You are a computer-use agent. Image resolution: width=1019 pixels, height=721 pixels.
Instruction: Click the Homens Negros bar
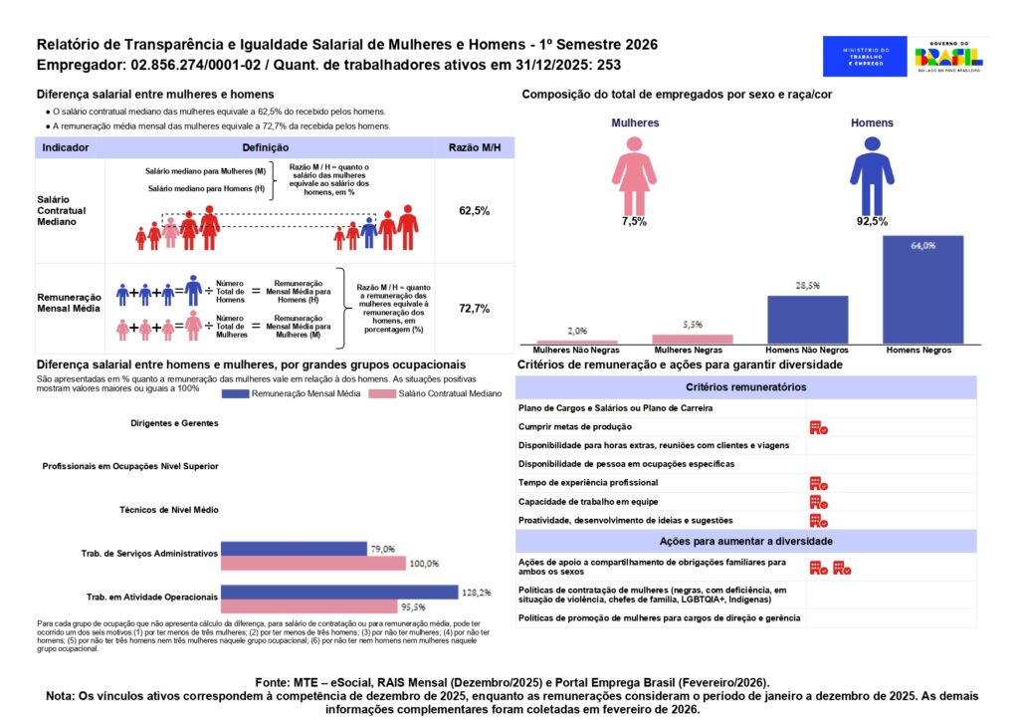pyautogui.click(x=922, y=290)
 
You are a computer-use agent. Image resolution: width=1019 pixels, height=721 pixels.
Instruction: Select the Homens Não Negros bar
pyautogui.click(x=807, y=320)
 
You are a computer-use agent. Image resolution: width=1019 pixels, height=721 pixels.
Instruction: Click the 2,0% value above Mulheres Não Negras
pyautogui.click(x=577, y=331)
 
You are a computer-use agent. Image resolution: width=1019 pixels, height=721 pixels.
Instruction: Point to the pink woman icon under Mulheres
pyautogui.click(x=634, y=175)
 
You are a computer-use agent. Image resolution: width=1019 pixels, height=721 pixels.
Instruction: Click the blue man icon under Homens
pyautogui.click(x=872, y=175)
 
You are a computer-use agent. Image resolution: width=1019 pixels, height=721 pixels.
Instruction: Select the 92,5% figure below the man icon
pyautogui.click(x=872, y=222)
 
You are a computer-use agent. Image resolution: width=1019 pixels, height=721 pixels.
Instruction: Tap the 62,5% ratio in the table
pyautogui.click(x=474, y=211)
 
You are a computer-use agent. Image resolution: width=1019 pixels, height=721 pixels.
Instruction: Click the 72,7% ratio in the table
pyautogui.click(x=474, y=309)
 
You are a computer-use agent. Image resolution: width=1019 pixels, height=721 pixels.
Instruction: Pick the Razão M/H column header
pyautogui.click(x=474, y=147)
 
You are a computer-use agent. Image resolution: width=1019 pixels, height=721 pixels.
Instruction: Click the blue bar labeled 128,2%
pyautogui.click(x=338, y=593)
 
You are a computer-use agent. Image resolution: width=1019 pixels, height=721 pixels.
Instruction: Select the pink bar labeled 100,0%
pyautogui.click(x=312, y=564)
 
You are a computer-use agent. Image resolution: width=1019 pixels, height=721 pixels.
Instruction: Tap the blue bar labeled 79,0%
pyautogui.click(x=293, y=549)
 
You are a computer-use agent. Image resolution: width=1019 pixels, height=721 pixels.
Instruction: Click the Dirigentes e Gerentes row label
pyautogui.click(x=174, y=423)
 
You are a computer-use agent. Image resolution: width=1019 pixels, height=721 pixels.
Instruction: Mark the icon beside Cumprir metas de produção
pyautogui.click(x=819, y=427)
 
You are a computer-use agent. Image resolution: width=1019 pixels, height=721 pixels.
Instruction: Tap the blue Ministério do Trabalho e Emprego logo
pyautogui.click(x=865, y=57)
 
